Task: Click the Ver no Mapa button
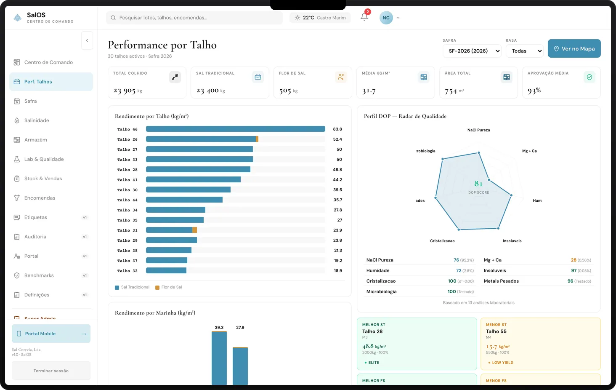[574, 48]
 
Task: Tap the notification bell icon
[364, 17]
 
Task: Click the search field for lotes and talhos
[194, 18]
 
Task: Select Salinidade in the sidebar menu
[37, 120]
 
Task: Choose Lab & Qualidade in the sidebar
[44, 159]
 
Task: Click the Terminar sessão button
[51, 371]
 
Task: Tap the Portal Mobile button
[51, 334]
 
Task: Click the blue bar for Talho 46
[235, 129]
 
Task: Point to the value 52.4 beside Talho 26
[337, 139]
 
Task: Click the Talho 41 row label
[127, 180]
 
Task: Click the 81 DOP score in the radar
[478, 184]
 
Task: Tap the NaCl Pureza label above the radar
[478, 130]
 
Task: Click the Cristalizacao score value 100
[452, 281]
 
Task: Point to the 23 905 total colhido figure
[125, 91]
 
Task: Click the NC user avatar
[386, 18]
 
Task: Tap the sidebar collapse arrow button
[87, 40]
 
